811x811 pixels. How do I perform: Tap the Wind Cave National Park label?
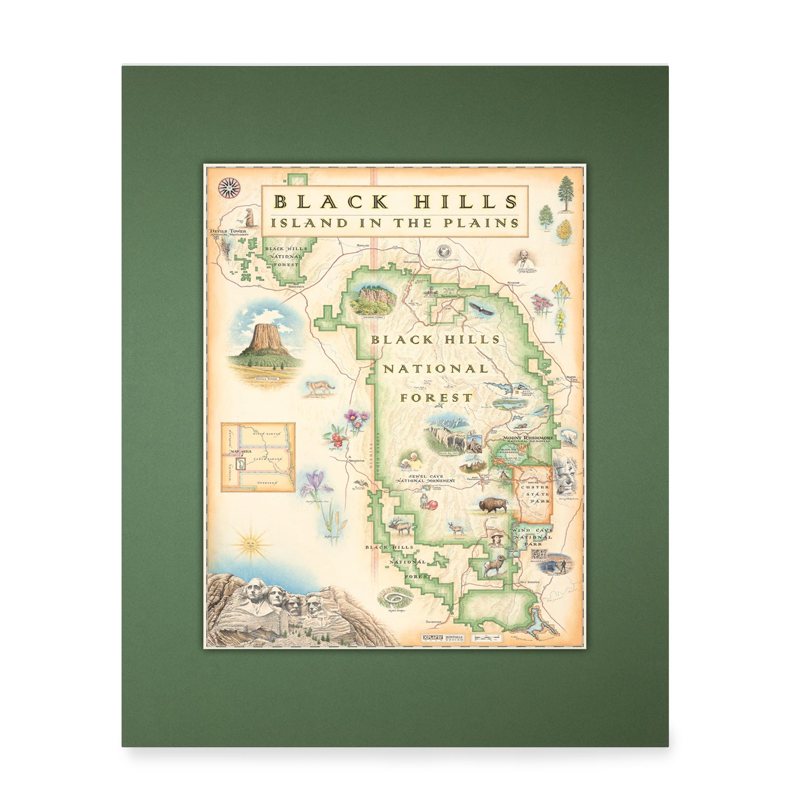point(534,537)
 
